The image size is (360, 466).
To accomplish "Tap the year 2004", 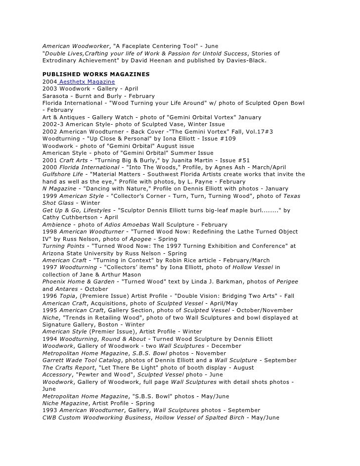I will click(x=50, y=81).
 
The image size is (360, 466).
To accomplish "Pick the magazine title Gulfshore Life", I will click(x=62, y=175).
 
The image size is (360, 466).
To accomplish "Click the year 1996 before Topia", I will click(x=50, y=296).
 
